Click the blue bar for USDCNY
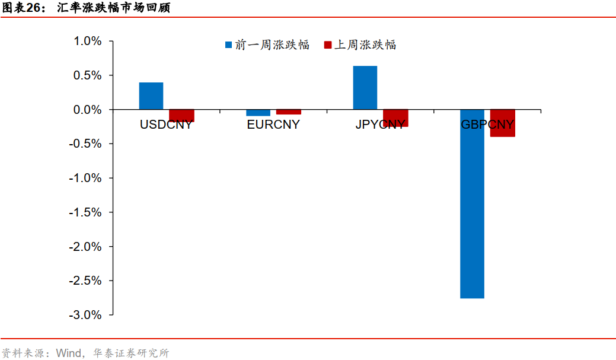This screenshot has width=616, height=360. pos(151,96)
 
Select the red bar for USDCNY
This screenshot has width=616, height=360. pos(181,116)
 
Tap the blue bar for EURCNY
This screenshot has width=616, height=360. pos(258,113)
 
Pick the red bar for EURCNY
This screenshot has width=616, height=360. pos(288,112)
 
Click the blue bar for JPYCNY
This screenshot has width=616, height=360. pos(365,88)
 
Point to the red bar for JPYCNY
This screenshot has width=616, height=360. pos(395,118)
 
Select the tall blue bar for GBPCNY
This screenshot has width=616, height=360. pos(472,204)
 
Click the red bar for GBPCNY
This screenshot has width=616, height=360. pos(502,123)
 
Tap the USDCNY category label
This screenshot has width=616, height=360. pos(166,125)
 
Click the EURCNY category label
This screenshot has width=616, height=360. pos(273,125)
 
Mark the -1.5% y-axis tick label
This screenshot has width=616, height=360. pos(86,212)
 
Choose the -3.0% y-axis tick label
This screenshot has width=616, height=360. pos(86,315)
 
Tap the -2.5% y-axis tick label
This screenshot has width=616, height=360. pos(86,281)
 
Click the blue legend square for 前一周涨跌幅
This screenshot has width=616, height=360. pos(228,45)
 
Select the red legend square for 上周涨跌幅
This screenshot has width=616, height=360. pos(328,45)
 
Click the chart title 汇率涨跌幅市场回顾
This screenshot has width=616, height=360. pos(113,8)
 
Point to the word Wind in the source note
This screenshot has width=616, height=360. pos(69,353)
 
